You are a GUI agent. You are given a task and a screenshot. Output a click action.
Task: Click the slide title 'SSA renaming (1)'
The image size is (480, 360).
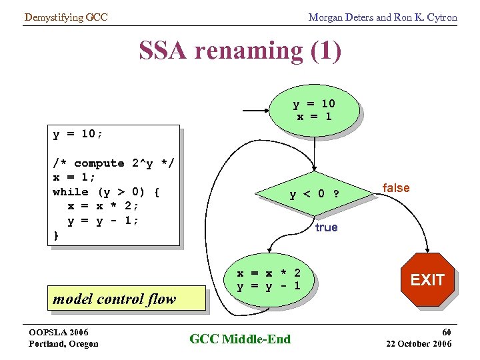(240, 51)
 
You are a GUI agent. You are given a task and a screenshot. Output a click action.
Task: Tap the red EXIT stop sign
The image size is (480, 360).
(427, 279)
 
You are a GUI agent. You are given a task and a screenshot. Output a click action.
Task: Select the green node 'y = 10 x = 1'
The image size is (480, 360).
(314, 110)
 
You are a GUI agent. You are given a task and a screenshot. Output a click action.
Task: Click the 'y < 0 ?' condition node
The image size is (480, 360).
(313, 195)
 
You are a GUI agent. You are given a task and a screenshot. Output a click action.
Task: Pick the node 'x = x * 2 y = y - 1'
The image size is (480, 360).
(269, 280)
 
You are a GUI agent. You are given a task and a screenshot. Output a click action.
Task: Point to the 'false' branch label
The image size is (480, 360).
(396, 188)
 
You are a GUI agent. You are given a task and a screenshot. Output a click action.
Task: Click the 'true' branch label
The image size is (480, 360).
(326, 227)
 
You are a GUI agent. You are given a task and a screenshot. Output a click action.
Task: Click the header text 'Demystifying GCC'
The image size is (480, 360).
(65, 17)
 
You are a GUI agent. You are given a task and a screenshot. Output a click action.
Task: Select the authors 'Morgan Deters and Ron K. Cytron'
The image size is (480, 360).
(383, 17)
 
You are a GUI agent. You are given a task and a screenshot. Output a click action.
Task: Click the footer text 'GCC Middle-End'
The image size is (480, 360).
(240, 339)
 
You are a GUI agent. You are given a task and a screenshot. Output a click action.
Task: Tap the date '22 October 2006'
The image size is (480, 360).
(419, 343)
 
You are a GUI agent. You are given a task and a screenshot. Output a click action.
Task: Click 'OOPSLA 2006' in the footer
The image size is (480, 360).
(59, 332)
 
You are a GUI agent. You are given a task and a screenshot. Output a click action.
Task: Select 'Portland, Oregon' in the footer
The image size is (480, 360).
(63, 343)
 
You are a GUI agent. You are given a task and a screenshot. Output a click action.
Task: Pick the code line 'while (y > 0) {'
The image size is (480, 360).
(106, 192)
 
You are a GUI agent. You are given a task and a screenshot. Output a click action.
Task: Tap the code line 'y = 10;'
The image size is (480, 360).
(78, 134)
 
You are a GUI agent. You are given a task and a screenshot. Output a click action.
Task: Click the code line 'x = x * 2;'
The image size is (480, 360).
(103, 206)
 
